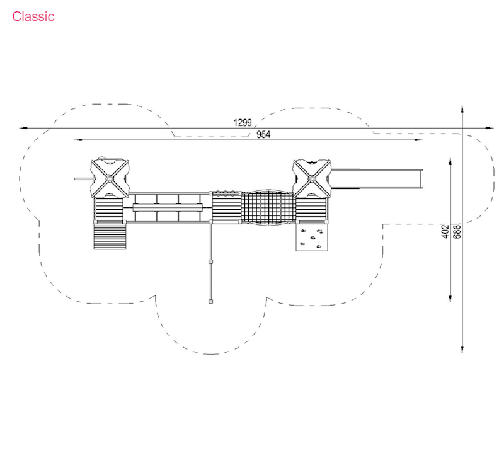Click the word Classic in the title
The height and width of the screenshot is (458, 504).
point(33,16)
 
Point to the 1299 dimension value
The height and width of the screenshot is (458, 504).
point(243,122)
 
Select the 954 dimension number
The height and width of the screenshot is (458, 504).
point(263,134)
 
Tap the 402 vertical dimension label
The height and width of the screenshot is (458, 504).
point(445,231)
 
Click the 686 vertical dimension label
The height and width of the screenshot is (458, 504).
point(457,231)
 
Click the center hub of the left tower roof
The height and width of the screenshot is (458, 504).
point(109,178)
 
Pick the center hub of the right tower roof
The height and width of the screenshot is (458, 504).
point(311,178)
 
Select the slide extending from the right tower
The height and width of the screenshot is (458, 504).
point(377,179)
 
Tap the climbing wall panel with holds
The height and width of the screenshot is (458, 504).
point(312,238)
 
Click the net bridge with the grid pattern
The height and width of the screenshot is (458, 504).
point(268,208)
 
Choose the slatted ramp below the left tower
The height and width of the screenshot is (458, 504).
point(110,236)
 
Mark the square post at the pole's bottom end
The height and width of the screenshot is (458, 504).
point(210,302)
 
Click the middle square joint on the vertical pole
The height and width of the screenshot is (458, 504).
point(210,262)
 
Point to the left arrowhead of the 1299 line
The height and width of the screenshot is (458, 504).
point(23,128)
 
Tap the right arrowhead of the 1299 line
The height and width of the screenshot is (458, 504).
point(490,128)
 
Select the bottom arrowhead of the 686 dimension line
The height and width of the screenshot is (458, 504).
point(462,350)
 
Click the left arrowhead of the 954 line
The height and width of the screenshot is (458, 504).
point(77,140)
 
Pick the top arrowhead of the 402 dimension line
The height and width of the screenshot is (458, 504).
point(450,162)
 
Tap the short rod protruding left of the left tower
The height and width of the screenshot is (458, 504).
point(83,179)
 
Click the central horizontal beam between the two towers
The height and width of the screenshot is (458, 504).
point(168,208)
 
